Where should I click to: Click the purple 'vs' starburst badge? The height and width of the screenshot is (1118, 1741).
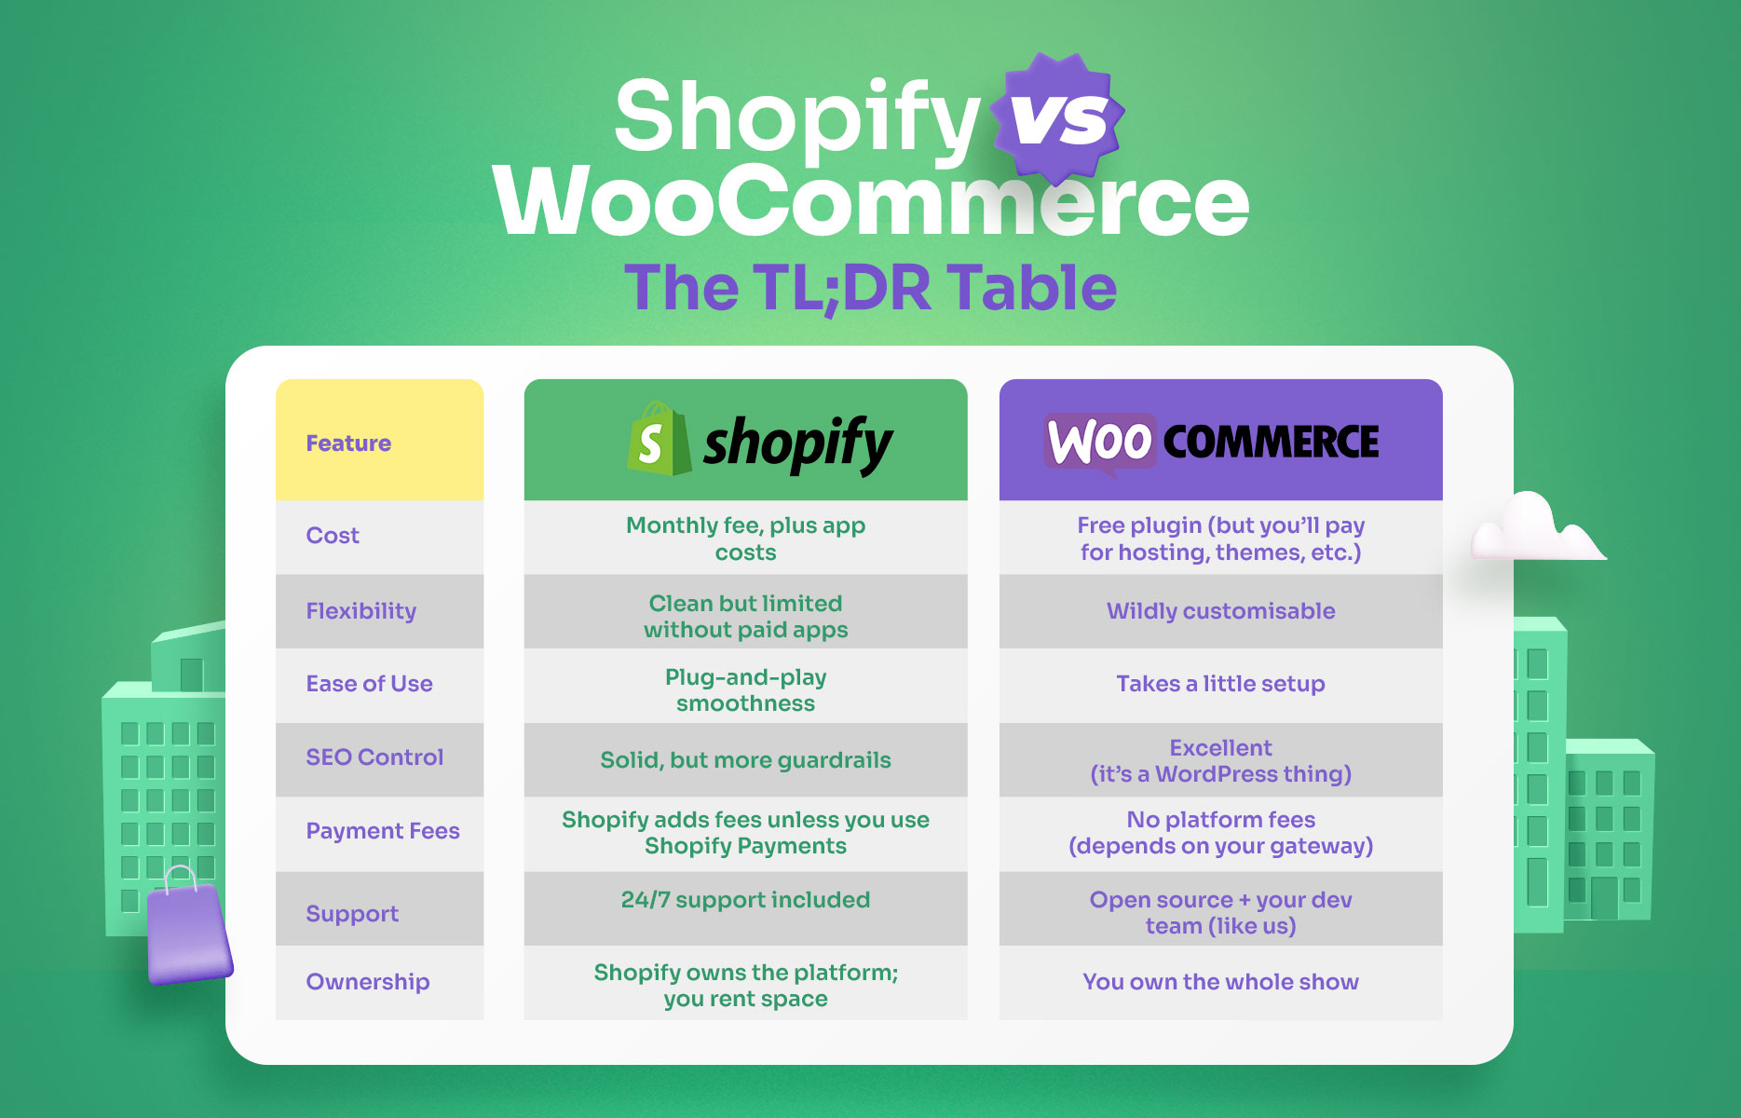tap(1058, 117)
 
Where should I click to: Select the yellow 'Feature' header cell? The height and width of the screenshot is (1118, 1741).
tap(379, 441)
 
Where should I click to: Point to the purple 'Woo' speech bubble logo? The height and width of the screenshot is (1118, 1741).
tap(1099, 442)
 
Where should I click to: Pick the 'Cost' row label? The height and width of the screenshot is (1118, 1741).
tap(333, 536)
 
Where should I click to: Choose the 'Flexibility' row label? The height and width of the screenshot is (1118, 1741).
tap(361, 611)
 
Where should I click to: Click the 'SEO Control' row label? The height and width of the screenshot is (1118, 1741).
tap(374, 757)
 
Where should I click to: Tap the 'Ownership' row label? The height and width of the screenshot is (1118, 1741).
tap(368, 982)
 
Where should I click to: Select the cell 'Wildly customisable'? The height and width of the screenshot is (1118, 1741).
tap(1220, 611)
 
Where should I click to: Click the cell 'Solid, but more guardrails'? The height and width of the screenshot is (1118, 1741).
tap(745, 760)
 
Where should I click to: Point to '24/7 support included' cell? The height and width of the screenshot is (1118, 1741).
tap(745, 900)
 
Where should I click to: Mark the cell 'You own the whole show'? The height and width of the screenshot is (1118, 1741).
tap(1220, 982)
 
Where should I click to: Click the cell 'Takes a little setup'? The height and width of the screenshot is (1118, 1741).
tap(1220, 684)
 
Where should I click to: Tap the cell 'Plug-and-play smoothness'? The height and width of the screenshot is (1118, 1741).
tap(745, 690)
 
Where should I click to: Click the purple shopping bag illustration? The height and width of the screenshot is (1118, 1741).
tap(188, 932)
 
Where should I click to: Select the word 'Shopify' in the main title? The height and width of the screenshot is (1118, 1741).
tap(796, 117)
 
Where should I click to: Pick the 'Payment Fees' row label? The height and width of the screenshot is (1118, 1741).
tap(383, 831)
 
